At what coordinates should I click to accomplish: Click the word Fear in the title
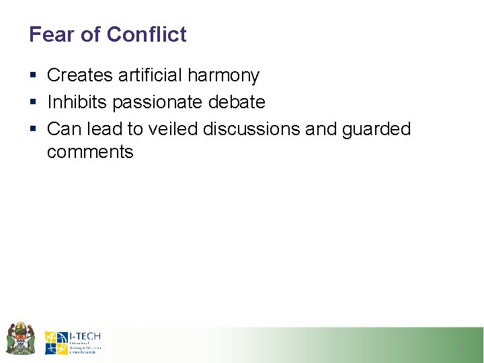50,34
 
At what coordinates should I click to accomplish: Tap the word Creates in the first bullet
80,75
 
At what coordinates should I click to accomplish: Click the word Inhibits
77,102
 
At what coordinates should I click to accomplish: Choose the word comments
90,152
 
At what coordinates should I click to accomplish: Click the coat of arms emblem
19,338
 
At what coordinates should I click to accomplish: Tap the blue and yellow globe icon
56,343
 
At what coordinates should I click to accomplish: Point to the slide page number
462,346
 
